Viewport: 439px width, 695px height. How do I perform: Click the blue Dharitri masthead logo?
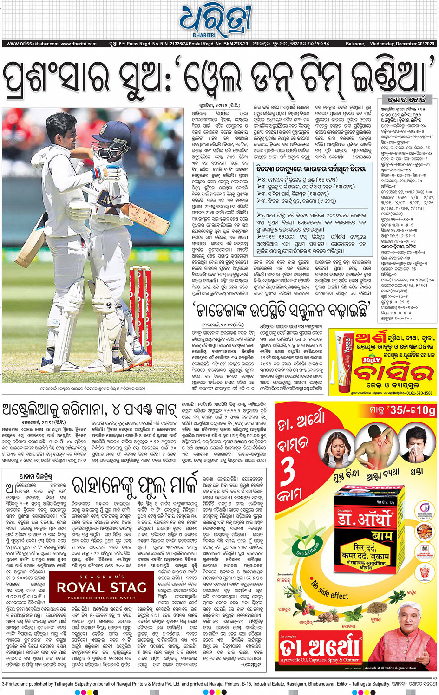point(216,21)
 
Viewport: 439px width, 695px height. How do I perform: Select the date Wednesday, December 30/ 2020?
point(402,44)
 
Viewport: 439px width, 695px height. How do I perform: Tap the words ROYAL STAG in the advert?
point(101,587)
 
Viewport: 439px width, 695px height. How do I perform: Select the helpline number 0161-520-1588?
point(417,393)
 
